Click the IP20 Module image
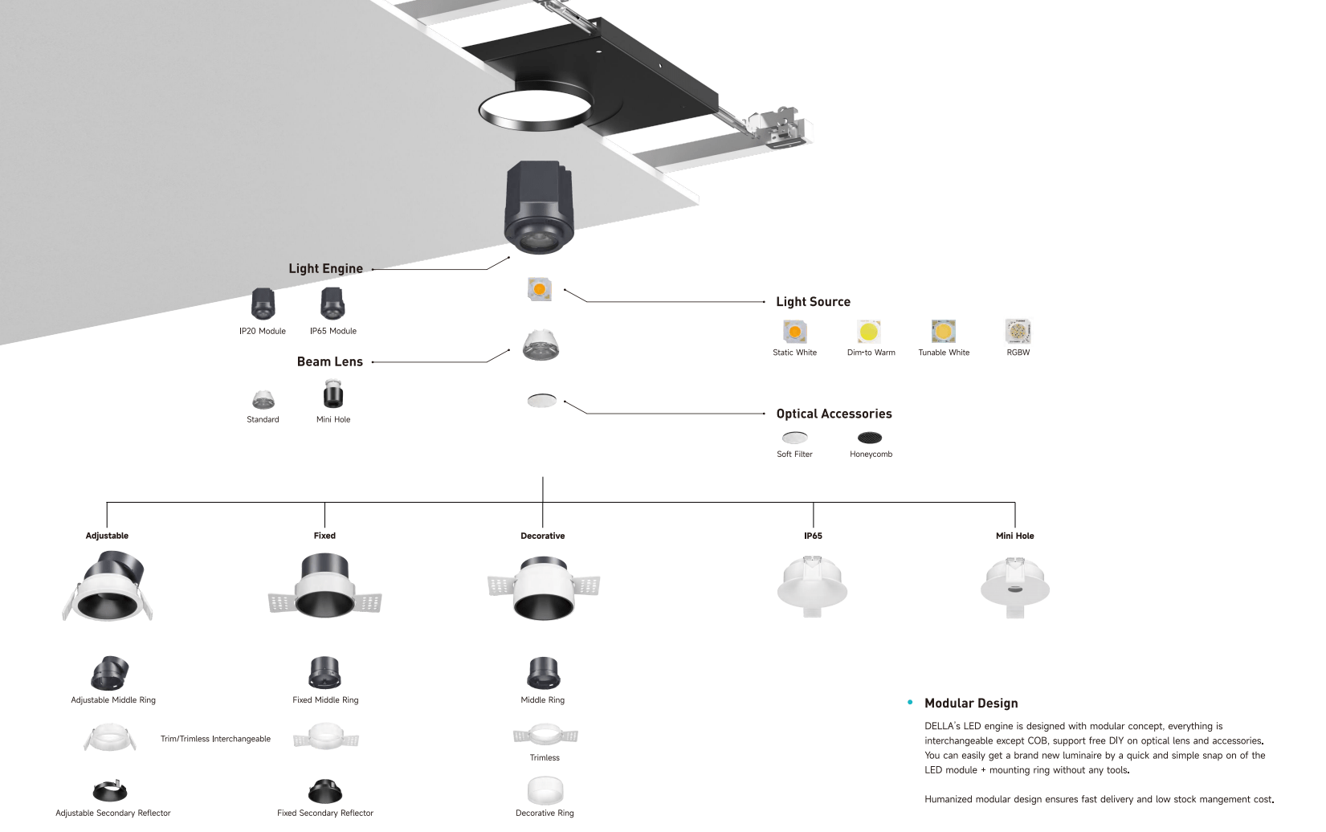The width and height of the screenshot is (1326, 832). [263, 304]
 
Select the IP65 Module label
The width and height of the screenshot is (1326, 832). [333, 331]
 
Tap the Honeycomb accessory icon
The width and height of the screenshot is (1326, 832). [870, 438]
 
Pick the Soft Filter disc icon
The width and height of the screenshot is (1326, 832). [794, 438]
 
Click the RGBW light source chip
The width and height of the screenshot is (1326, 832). [1018, 332]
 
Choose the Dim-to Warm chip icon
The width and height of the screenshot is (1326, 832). [868, 332]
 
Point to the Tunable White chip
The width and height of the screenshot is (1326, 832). [943, 332]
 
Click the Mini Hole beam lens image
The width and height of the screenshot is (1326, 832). [333, 394]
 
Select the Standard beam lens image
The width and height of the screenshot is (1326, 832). [263, 400]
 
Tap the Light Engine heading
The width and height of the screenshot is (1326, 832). [325, 269]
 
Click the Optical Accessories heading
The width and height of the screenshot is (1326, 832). [834, 414]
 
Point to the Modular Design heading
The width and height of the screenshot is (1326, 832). [972, 703]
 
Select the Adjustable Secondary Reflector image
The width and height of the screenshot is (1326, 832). [110, 790]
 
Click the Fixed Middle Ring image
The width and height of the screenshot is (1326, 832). [324, 673]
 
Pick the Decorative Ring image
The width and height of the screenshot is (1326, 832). [545, 790]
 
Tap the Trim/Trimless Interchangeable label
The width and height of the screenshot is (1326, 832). [215, 739]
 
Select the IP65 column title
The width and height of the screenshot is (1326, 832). [813, 536]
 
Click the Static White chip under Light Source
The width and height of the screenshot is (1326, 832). [794, 332]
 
